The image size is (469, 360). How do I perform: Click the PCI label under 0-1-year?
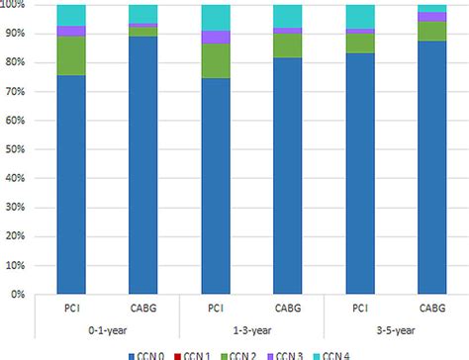point(71,309)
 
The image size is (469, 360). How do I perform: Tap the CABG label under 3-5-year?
point(432,309)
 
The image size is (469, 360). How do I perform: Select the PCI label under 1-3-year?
point(216,309)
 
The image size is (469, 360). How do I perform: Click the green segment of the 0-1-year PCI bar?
point(71,55)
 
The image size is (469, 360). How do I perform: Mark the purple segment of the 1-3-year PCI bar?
point(216,38)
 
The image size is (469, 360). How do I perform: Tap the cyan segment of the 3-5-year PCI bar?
point(360,17)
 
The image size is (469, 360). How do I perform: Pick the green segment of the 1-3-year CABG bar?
point(288,45)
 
